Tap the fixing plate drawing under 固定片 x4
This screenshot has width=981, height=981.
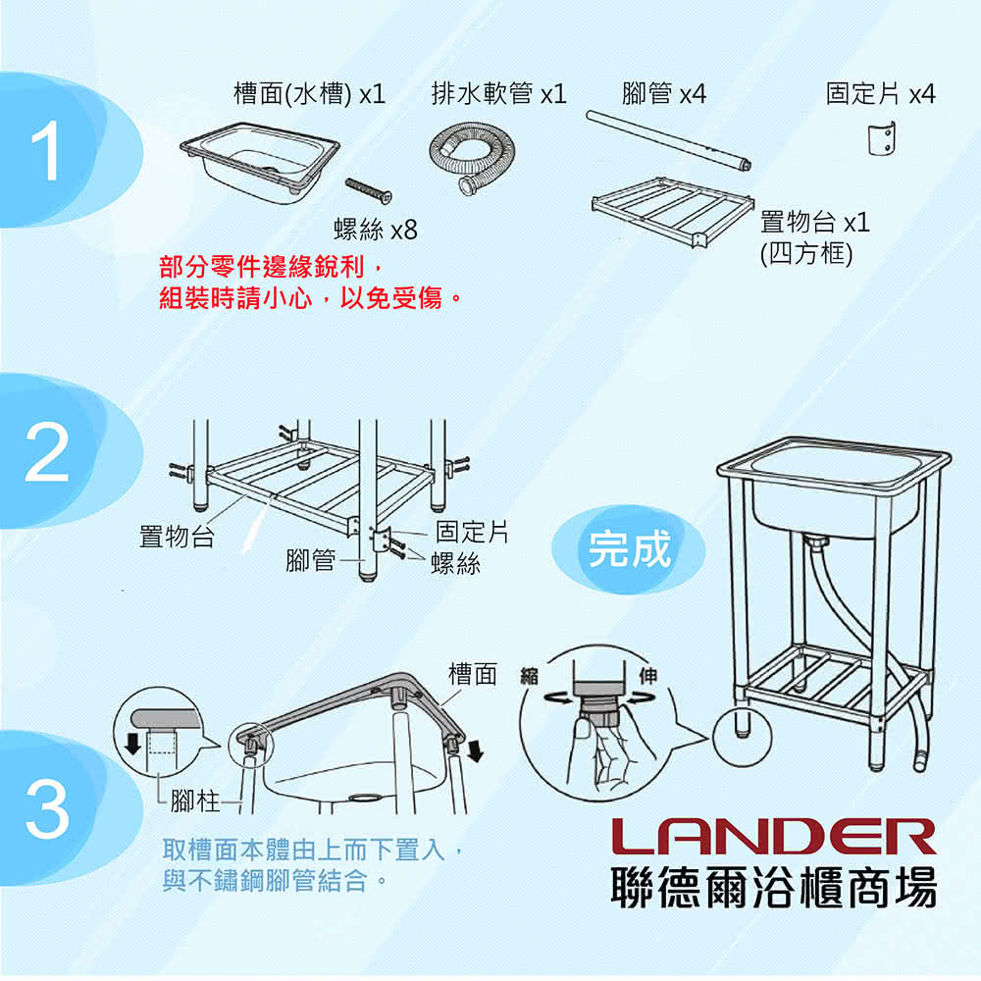(x=883, y=138)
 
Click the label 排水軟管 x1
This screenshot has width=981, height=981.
(x=498, y=94)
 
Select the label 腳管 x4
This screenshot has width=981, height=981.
(x=663, y=94)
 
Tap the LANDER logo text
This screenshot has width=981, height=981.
(x=773, y=837)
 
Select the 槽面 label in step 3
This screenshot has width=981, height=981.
(x=472, y=675)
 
